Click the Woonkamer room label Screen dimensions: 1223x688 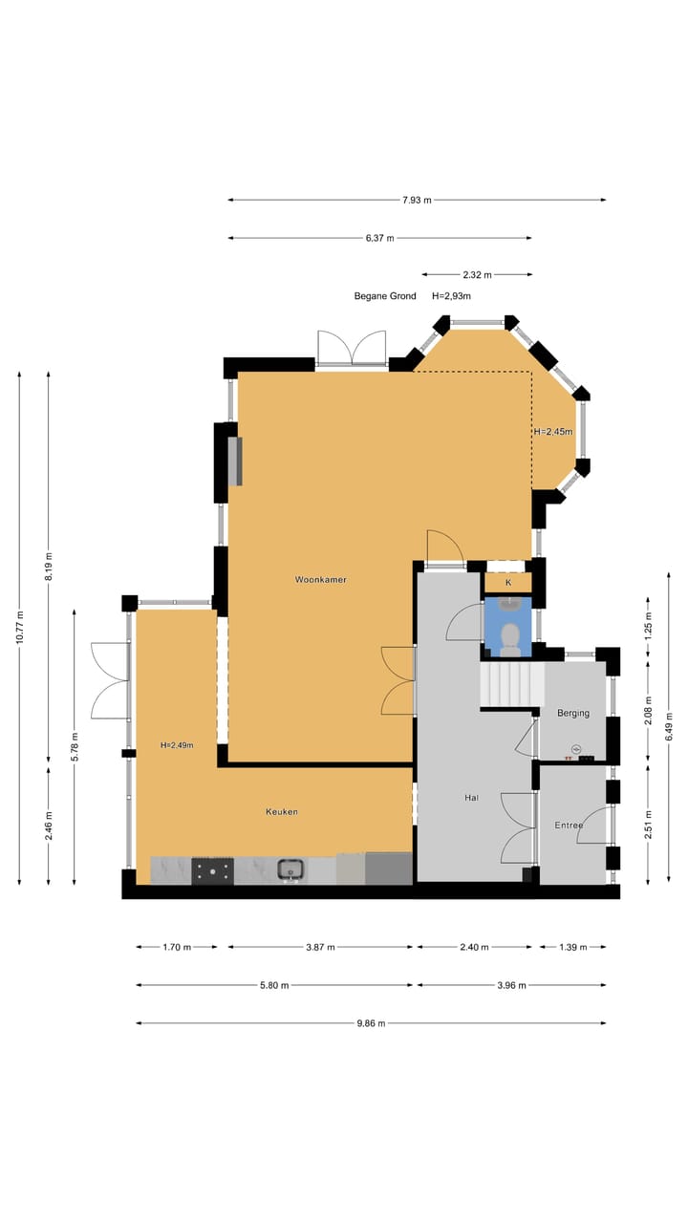pos(320,580)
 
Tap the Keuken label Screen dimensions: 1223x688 pos(282,812)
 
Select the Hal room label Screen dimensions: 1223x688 pos(471,797)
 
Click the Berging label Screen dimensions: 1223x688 pos(573,713)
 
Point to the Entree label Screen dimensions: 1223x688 pos(570,826)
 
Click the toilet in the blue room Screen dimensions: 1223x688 pos(511,637)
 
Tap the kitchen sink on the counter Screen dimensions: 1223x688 pos(291,869)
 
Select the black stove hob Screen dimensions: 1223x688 pos(212,869)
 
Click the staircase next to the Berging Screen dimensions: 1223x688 pos(511,685)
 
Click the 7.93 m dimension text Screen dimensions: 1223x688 pos(417,200)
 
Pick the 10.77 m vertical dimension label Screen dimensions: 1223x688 pos(20,630)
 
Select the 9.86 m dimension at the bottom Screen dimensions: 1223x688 pos(371,1023)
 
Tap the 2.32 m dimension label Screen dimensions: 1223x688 pos(476,275)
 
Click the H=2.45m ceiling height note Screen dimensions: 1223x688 pos(554,432)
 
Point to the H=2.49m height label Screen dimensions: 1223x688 pos(177,745)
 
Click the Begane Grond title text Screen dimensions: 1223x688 pos(385,296)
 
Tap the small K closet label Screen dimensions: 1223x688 pos(508,582)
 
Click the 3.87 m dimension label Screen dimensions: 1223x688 pos(320,948)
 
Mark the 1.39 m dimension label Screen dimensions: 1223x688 pos(571,948)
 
